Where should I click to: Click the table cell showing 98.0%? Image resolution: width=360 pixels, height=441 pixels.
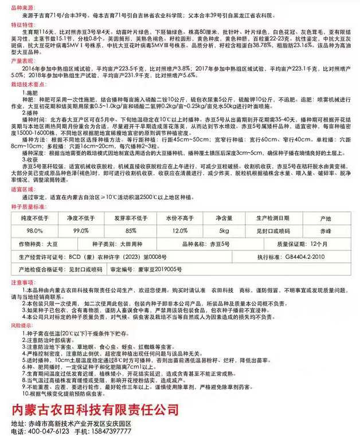[34, 231]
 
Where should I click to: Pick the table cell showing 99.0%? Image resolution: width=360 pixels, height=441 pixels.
[81, 231]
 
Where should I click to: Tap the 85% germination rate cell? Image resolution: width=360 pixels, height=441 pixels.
[131, 231]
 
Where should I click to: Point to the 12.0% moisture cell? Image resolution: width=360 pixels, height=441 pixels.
[179, 231]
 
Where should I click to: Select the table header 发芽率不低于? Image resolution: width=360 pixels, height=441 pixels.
[131, 219]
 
